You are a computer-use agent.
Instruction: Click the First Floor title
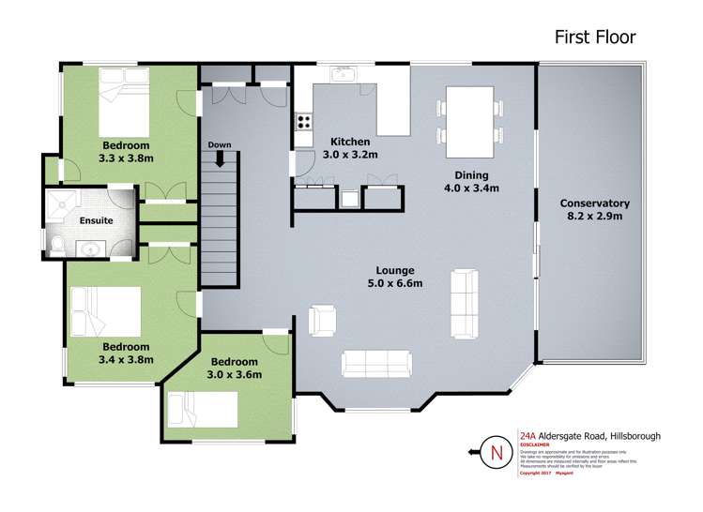pos(594,38)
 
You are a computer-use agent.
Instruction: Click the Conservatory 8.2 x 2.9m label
pos(594,210)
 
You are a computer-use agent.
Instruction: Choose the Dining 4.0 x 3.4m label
pos(477,182)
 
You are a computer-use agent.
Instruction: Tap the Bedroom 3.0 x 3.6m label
pos(235,368)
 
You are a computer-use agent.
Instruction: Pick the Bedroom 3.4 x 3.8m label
pos(126,352)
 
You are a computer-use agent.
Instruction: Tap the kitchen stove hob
pos(304,121)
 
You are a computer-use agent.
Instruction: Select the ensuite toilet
pos(57,246)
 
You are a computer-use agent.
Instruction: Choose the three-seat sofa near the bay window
pos(375,363)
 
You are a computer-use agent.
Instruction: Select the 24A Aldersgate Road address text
pos(581,436)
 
